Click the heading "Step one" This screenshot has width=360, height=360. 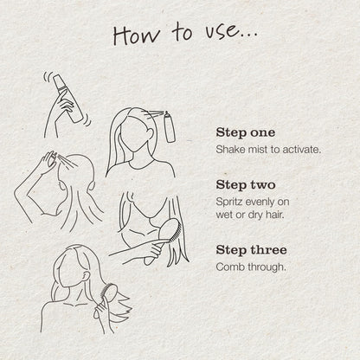246,132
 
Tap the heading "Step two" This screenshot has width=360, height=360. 246,185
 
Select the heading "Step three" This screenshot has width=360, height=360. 251,250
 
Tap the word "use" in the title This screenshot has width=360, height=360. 222,32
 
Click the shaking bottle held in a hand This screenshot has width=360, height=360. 68,98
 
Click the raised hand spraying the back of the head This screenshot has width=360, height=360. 48,162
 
